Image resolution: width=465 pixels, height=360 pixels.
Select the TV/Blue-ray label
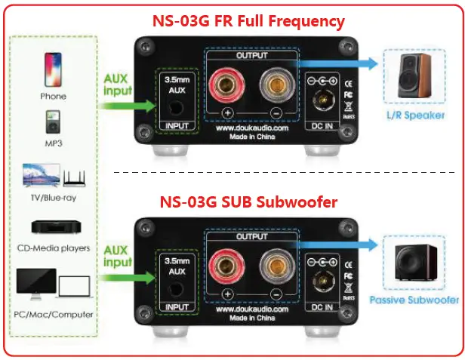54,198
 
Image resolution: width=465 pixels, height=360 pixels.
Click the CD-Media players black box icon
53,227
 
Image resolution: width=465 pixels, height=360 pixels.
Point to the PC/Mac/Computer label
54,314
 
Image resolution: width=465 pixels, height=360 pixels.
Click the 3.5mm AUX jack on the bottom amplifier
176,289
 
